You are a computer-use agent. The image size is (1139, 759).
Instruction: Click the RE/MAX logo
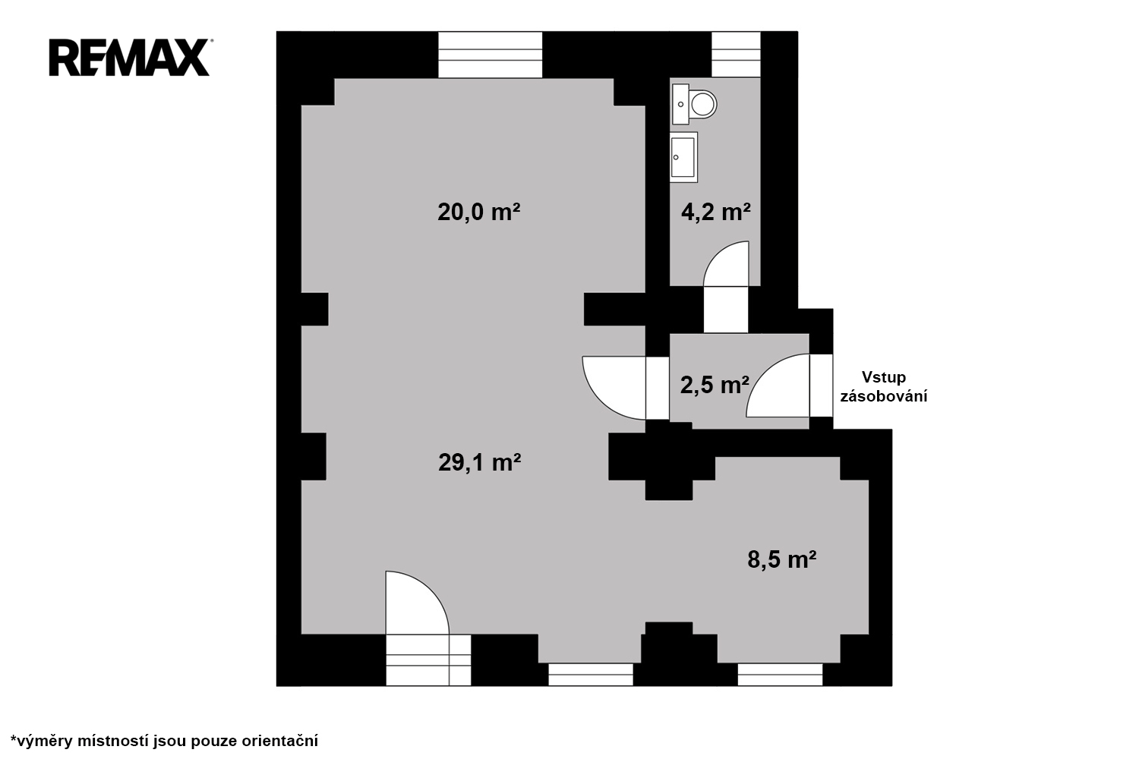tap(130, 58)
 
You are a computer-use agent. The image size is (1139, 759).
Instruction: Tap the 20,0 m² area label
tap(479, 212)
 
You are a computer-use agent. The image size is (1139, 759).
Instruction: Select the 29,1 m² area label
tap(479, 463)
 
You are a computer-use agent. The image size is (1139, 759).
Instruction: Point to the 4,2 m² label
tap(716, 212)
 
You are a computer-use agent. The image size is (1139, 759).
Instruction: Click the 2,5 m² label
tap(715, 386)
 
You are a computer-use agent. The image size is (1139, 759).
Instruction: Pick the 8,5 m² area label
tap(782, 559)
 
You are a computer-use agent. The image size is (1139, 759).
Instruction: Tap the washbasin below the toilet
tap(683, 157)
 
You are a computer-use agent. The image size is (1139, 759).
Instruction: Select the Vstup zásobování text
tap(884, 387)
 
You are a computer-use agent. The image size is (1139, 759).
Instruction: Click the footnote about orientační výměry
tap(164, 741)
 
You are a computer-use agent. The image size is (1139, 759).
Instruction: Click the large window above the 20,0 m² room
tap(491, 55)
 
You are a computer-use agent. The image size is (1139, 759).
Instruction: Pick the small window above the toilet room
tap(735, 55)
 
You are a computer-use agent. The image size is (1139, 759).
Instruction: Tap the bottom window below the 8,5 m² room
tap(780, 675)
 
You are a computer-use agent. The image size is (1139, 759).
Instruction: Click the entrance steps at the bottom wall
tap(428, 660)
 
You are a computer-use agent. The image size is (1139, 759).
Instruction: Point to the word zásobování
tap(884, 396)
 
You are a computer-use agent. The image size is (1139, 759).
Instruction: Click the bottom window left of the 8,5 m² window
tap(591, 675)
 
